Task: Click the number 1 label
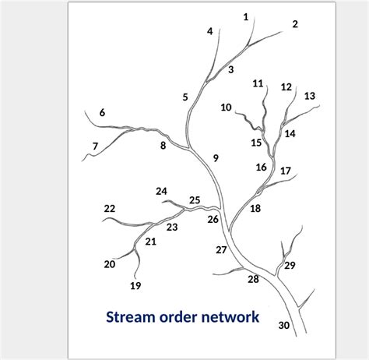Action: [246, 16]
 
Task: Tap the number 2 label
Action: [295, 24]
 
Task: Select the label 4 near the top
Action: [210, 31]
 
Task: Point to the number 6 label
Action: [102, 113]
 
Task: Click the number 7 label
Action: [95, 146]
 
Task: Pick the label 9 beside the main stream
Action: [216, 158]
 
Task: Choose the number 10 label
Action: [226, 108]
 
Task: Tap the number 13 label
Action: [310, 96]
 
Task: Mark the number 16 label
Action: [262, 167]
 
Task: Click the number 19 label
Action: [135, 286]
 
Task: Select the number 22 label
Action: [110, 209]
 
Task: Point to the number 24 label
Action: [161, 191]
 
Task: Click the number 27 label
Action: [221, 250]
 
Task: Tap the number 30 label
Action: [284, 325]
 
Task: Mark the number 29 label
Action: [290, 266]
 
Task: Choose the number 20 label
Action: [110, 264]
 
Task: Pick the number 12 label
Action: [286, 87]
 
